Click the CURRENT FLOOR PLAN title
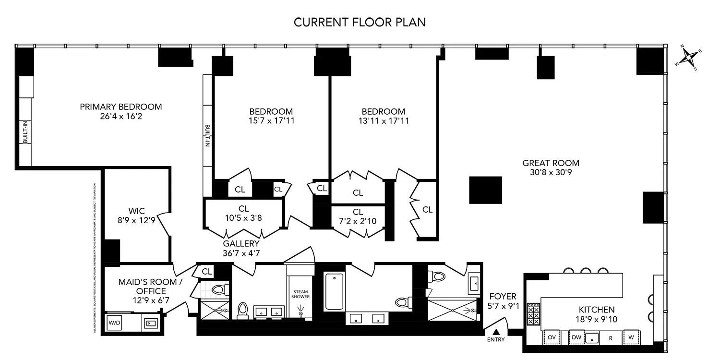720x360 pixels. [x=360, y=22]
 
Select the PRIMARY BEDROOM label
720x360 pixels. [x=121, y=107]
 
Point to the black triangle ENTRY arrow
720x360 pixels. [x=496, y=332]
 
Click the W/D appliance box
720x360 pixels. [x=114, y=323]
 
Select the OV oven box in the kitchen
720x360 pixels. [x=552, y=337]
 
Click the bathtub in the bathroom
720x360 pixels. [x=334, y=291]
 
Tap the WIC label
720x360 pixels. [x=136, y=211]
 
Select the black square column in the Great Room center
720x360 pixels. [x=485, y=190]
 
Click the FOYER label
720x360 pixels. [x=503, y=297]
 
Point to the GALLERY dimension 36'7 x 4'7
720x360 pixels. [x=241, y=252]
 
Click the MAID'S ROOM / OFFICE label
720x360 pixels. [x=143, y=287]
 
